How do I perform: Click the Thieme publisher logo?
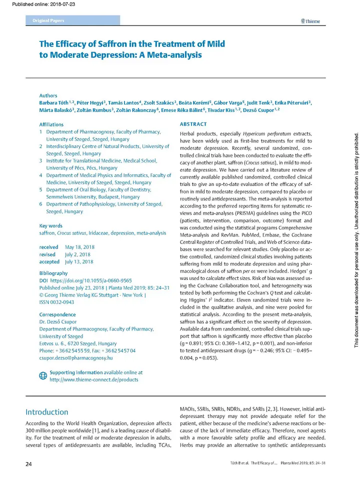pyautogui.click(x=310, y=21)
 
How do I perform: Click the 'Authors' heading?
pyautogui.click(x=48, y=95)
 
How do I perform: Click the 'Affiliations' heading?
pyautogui.click(x=51, y=124)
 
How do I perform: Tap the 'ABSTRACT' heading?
pyautogui.click(x=192, y=124)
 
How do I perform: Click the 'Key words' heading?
pyautogui.click(x=50, y=226)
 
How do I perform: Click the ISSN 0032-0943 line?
pyautogui.click(x=57, y=302)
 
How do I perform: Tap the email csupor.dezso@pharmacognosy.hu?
pyautogui.click(x=76, y=358)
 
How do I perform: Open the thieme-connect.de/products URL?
pyautogui.click(x=94, y=379)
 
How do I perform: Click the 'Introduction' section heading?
pyautogui.click(x=47, y=412)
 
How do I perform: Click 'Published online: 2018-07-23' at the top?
pyautogui.click(x=38, y=5)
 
